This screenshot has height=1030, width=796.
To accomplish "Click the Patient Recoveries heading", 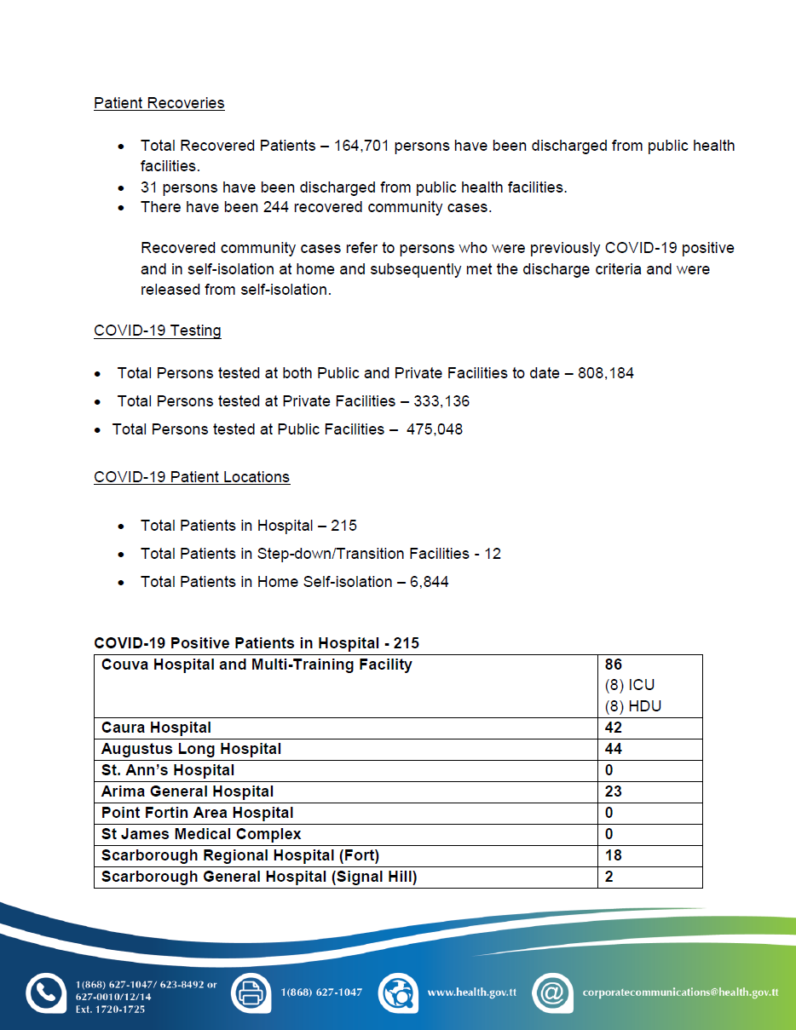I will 159,103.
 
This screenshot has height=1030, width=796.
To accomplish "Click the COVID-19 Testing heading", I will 158,331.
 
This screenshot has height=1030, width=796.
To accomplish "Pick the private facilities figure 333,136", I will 441,401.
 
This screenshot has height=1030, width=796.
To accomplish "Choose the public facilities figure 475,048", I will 435,429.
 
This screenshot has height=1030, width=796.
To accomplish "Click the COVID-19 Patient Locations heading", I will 192,477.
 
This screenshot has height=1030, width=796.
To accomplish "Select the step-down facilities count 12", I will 492,554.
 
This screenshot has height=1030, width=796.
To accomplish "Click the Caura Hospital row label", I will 156,728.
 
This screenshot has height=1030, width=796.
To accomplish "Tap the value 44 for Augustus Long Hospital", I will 614,749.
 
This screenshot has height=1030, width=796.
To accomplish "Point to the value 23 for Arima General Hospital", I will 614,791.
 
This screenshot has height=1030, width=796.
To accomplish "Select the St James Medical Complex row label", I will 201,834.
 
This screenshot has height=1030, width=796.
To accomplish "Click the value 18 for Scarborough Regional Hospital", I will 614,855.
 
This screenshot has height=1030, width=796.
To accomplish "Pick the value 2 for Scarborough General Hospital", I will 609,877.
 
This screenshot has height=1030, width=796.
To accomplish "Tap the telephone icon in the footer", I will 45,993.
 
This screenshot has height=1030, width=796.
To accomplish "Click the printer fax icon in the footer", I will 251,993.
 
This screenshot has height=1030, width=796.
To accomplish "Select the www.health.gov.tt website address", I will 472,993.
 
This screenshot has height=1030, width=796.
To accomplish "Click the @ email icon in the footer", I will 552,993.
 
